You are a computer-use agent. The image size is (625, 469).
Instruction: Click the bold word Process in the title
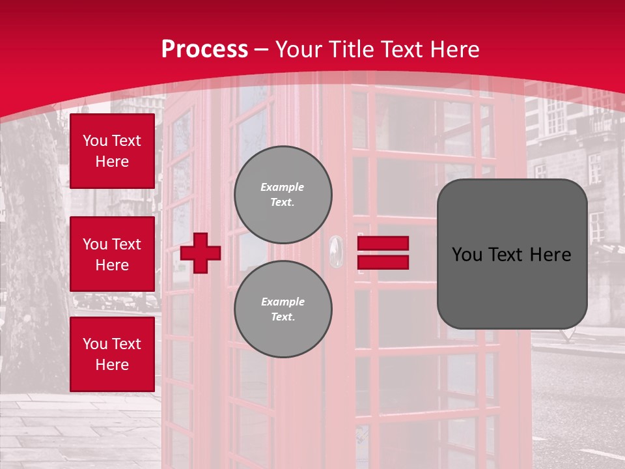204,50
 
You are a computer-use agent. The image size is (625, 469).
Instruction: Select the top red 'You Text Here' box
112,151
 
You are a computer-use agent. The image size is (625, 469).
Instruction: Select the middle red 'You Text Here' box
112,254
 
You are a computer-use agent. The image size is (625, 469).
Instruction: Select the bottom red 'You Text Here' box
112,354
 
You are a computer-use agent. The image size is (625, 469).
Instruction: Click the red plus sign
201,253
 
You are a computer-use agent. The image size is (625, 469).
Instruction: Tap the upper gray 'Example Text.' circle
283,194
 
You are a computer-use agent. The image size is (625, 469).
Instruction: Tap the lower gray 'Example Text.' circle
283,309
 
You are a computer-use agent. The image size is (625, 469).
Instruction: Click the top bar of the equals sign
383,244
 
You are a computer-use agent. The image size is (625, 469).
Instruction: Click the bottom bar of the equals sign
383,262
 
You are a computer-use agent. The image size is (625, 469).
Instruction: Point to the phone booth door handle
335,251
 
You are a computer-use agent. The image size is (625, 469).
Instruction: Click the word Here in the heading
454,50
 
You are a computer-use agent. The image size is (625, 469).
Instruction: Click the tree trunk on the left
33,261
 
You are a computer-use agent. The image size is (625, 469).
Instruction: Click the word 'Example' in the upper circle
283,187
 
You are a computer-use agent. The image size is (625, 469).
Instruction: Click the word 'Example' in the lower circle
283,302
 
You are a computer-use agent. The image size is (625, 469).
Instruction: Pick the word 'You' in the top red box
95,141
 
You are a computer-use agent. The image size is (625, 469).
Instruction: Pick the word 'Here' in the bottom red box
112,365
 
